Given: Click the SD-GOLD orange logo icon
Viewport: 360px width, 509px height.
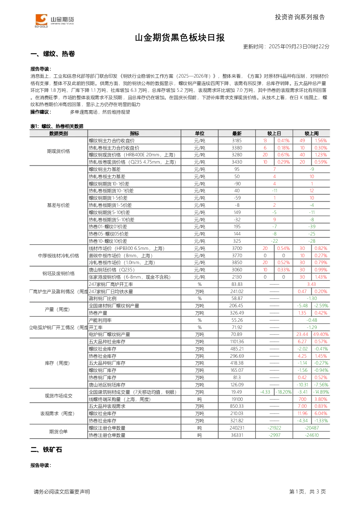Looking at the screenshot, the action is (41, 20).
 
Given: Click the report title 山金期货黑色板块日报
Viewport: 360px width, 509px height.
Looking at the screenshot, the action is (180, 38).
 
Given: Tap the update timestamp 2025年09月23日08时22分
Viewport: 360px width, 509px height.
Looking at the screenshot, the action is (299, 46).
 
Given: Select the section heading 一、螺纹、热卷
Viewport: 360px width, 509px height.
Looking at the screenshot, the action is (53, 54).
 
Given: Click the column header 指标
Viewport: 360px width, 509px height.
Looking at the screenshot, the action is (134, 134).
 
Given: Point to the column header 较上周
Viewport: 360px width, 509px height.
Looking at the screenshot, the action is (311, 134).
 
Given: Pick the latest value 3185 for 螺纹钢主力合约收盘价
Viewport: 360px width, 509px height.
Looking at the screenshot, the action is (237, 141).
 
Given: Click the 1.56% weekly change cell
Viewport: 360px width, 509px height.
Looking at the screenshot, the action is (320, 141).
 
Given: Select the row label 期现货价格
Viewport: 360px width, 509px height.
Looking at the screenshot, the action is (58, 151).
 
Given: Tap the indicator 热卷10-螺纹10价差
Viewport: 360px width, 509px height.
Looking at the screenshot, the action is (108, 241).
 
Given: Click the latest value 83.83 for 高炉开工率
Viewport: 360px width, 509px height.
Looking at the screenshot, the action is (237, 284).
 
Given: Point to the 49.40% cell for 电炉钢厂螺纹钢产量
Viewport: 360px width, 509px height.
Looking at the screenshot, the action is (321, 334).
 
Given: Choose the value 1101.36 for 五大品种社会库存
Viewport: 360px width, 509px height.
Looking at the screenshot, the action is (237, 341).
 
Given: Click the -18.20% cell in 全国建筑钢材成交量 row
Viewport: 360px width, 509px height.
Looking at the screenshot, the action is (283, 392).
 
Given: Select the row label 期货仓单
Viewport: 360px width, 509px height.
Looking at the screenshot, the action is (58, 431).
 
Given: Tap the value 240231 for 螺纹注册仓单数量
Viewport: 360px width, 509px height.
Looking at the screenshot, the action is (237, 428).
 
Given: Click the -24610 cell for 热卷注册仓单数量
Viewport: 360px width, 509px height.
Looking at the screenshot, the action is (312, 435).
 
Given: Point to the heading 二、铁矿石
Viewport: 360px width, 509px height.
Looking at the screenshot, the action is (46, 450).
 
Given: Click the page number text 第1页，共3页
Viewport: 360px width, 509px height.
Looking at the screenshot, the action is (307, 492).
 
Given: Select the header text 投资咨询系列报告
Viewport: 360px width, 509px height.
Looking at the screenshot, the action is (300, 17).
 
